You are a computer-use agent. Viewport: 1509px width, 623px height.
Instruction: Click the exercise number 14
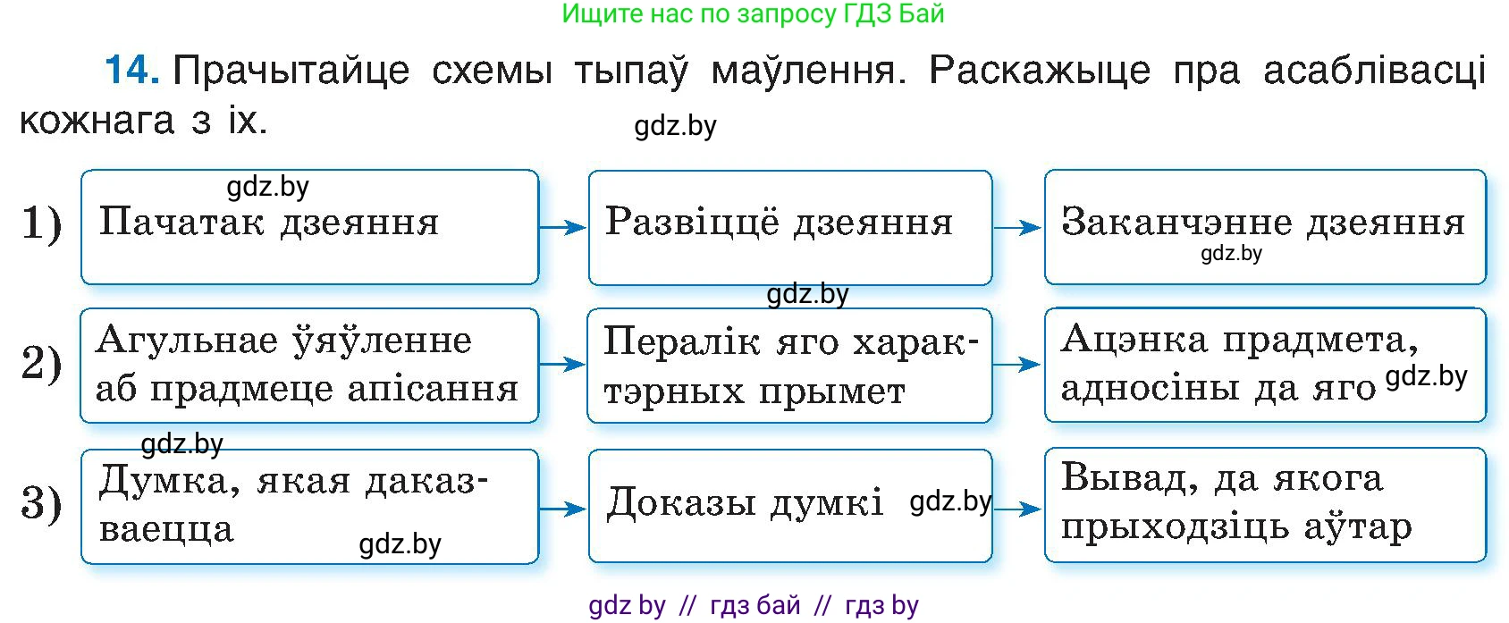point(132,70)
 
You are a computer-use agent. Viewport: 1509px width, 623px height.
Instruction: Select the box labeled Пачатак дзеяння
point(309,227)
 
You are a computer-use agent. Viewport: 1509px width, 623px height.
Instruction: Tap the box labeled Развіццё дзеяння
point(789,227)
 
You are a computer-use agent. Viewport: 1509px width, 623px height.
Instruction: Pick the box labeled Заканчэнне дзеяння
point(1264,227)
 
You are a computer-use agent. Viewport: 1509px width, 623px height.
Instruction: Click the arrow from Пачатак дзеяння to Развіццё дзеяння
point(562,228)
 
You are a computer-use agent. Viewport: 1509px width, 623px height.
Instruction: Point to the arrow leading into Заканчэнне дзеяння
point(1017,229)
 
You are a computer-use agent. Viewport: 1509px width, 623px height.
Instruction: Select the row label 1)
point(41,223)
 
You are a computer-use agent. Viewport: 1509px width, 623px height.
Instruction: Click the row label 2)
point(41,363)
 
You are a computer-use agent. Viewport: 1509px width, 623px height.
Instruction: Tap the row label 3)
point(41,503)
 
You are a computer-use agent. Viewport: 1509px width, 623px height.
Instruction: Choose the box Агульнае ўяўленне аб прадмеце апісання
point(309,365)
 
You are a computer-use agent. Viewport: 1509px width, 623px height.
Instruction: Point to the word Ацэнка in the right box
point(1134,340)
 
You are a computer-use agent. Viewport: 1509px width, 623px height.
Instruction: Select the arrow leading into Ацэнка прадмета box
point(1017,365)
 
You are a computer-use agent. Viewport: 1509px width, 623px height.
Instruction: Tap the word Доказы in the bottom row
point(682,502)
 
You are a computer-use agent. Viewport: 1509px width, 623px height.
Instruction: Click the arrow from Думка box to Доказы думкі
point(562,509)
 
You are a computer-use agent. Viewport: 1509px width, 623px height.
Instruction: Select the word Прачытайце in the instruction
point(291,70)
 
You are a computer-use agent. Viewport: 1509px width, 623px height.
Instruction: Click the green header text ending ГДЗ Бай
point(753,13)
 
